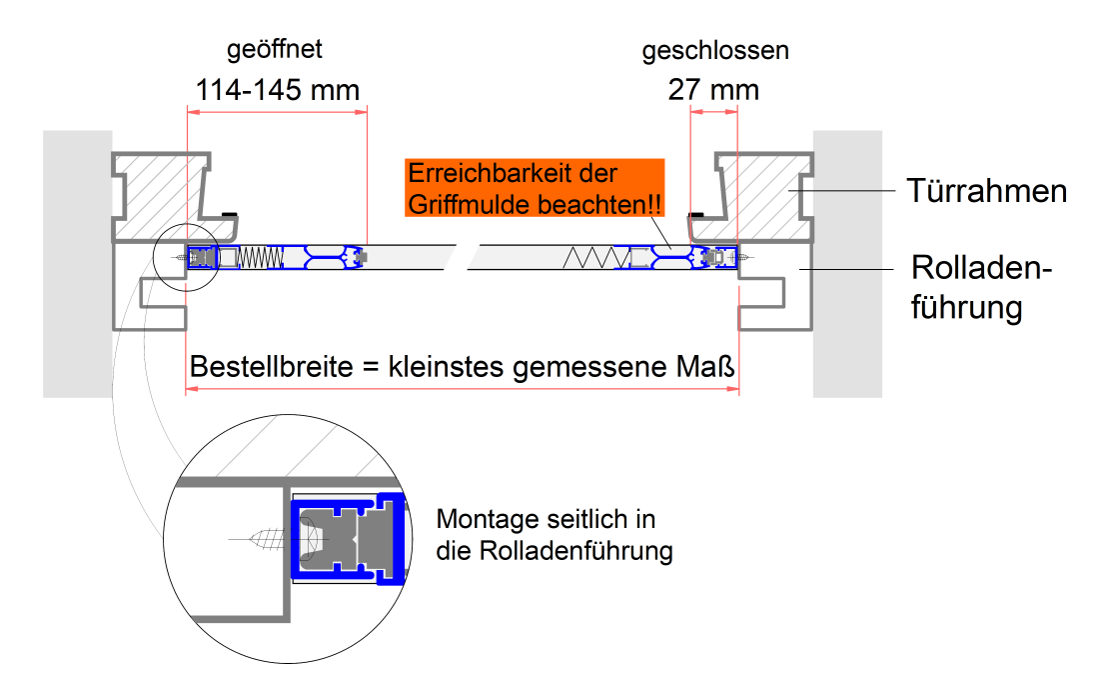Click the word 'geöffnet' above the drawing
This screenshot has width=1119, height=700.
click(275, 50)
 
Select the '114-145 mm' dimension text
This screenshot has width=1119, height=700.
click(277, 90)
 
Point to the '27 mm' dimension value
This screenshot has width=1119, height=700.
click(713, 90)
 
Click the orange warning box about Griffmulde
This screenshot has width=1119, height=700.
click(535, 189)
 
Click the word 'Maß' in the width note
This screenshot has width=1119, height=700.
click(711, 367)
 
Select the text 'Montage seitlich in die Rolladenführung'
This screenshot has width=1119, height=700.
click(554, 535)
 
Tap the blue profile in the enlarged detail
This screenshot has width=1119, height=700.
click(297, 540)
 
